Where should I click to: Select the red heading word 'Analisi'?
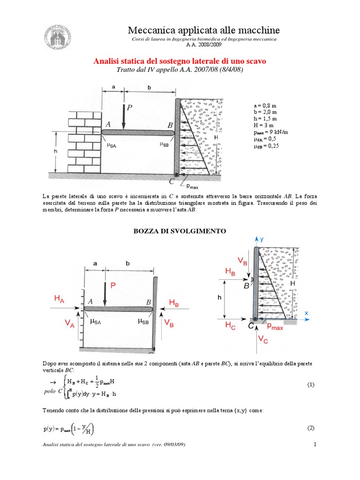coord(108,61)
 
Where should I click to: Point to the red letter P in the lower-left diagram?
coord(113,285)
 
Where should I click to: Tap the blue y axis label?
coord(262,239)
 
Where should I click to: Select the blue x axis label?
coord(306,312)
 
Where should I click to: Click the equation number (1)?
coord(310,385)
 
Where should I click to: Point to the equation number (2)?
coord(310,428)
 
